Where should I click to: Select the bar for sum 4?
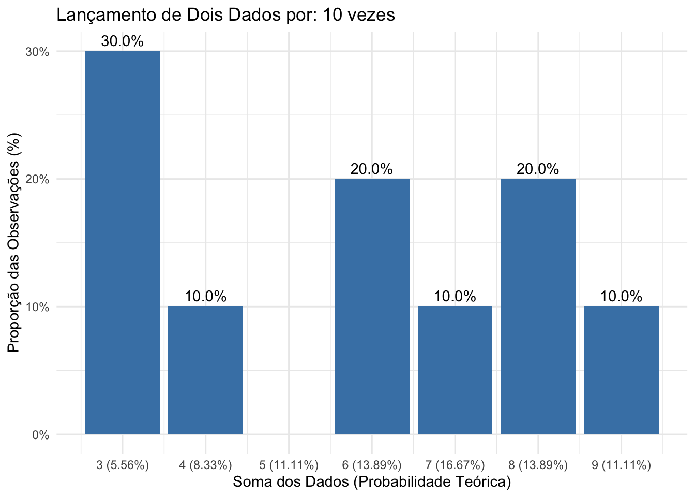coord(205,370)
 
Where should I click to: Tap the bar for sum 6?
coord(372,306)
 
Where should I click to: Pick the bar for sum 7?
coord(455,370)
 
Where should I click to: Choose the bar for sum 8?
coord(538,306)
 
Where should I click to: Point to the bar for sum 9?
coord(621,370)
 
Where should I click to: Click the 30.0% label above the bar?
coord(123,41)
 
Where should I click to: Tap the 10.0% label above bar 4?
coord(205,297)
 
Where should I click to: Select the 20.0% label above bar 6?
coord(372,169)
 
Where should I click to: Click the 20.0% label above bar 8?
coord(538,169)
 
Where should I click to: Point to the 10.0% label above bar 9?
coord(621,297)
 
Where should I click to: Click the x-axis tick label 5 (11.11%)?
coord(289,465)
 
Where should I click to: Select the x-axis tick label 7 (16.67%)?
coord(455,465)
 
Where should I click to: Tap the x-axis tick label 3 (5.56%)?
coord(123,465)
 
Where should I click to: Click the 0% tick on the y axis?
coord(40,435)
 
